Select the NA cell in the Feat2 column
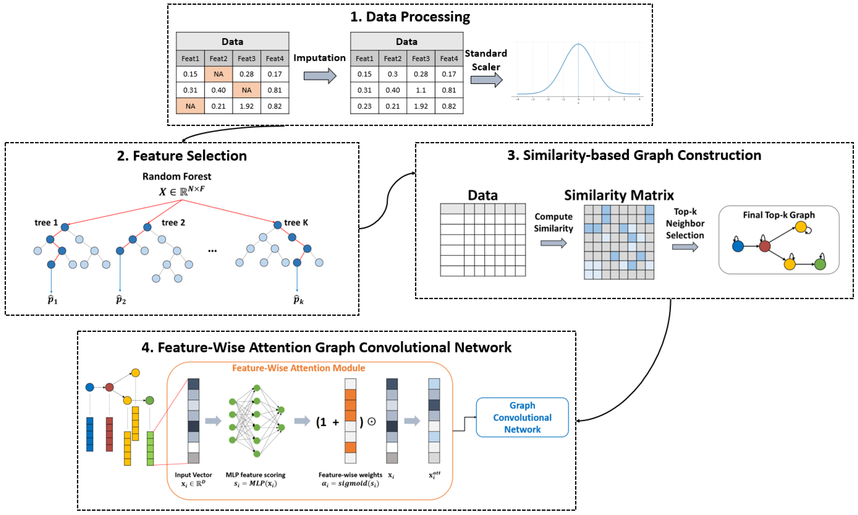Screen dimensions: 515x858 tap(218, 74)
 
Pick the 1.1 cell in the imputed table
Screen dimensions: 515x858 tap(420, 90)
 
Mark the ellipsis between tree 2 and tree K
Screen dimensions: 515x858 tap(212, 250)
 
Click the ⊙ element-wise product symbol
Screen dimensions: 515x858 tap(371, 422)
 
